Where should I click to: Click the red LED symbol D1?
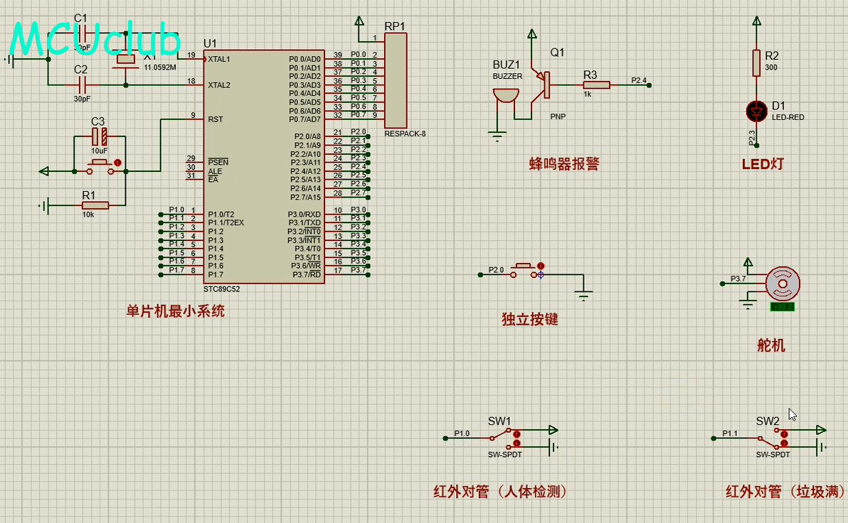756,111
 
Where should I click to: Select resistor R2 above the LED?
756,63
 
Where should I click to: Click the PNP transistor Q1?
544,84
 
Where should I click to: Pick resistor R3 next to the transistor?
596,85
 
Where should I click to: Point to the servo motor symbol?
783,284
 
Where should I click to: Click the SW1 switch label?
499,421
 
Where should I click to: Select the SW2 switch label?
768,421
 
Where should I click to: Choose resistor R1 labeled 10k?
95,205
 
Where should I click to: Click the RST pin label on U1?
216,119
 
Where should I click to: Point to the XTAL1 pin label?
219,59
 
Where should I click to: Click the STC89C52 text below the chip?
222,289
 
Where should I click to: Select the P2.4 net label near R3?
639,80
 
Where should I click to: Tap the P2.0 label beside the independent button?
496,270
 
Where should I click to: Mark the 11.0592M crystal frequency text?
160,68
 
